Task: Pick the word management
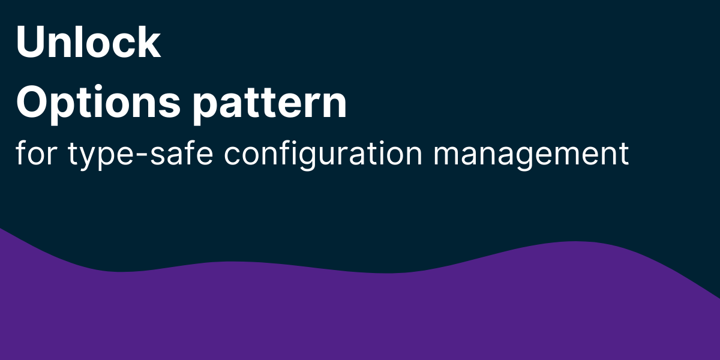tap(531, 155)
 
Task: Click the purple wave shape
tap(360, 318)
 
